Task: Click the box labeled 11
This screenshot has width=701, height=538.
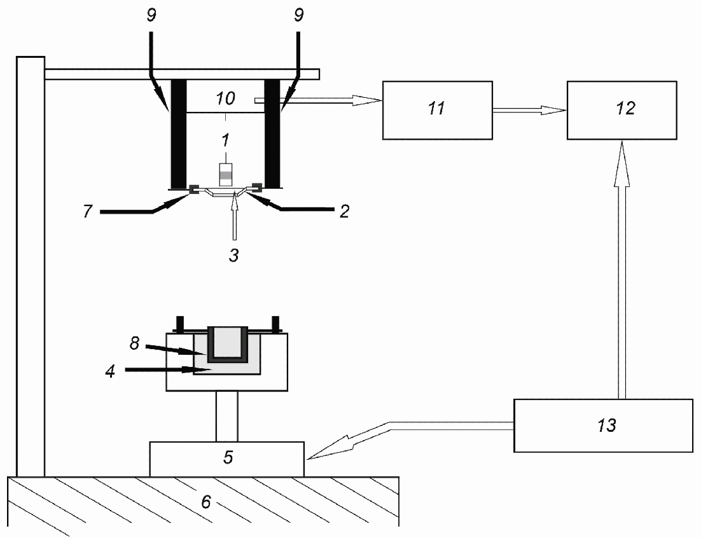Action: tap(437, 111)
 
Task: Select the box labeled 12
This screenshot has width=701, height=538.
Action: tap(622, 111)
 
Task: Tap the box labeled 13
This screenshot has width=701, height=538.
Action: tap(603, 425)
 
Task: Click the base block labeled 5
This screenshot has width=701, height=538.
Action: tap(226, 459)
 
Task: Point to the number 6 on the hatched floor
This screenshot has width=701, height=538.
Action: tap(205, 502)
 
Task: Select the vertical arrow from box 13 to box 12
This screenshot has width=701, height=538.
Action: tap(622, 269)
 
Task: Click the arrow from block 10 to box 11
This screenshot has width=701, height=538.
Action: tap(318, 101)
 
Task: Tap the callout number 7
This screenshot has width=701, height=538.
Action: tap(88, 211)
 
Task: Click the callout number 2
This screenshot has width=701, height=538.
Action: tap(344, 211)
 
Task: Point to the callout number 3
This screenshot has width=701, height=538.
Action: tap(234, 255)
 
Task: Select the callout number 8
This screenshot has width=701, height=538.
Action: tap(135, 343)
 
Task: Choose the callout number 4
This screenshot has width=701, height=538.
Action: tap(110, 371)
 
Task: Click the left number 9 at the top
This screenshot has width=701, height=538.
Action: tap(151, 16)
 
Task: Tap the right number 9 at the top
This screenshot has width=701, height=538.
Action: tap(298, 16)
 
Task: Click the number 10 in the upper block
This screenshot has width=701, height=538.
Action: tap(225, 99)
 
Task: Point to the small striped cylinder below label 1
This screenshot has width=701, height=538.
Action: tap(226, 175)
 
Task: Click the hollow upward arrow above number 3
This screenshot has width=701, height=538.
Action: tap(234, 215)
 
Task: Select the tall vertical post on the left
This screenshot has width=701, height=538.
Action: tap(31, 266)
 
